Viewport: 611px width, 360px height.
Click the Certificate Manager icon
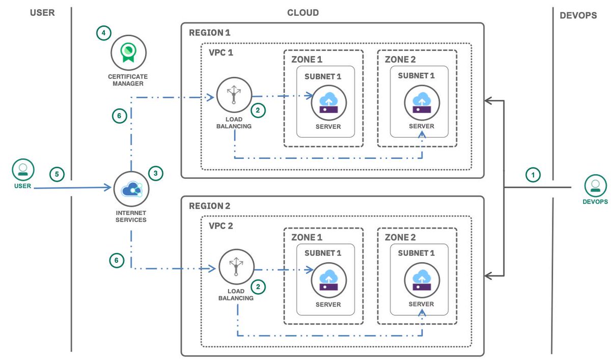pos(129,51)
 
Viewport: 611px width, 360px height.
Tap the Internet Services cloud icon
pos(132,189)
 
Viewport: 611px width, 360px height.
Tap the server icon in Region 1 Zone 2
pos(422,102)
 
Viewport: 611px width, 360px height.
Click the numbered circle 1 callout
pos(533,175)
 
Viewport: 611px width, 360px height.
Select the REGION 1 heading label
pos(209,33)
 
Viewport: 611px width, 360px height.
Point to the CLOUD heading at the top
pos(303,13)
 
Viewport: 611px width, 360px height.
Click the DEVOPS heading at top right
pos(578,16)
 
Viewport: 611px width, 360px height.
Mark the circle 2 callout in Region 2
pos(259,287)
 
